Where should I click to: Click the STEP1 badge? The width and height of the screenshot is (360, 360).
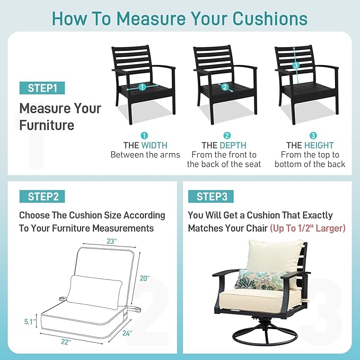pos(42,88)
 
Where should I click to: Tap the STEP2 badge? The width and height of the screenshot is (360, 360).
pos(42,197)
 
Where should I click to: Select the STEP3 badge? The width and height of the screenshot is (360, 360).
pos(211,197)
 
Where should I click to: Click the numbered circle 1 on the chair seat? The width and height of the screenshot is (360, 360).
pos(142,87)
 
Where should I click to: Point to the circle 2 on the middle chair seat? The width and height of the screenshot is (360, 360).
pos(225,87)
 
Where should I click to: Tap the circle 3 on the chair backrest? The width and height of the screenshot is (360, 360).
pos(296,65)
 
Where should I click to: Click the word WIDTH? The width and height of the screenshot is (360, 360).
pos(154,145)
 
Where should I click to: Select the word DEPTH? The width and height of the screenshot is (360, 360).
pos(233,145)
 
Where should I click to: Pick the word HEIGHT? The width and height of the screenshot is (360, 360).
pos(319,145)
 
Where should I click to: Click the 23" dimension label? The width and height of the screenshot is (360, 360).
pos(112,241)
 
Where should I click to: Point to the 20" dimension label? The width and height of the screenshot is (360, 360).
pos(145,278)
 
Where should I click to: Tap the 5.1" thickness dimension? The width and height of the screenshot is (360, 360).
pos(30,322)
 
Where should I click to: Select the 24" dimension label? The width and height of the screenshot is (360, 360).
pos(127,333)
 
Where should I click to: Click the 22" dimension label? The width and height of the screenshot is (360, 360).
pos(66,342)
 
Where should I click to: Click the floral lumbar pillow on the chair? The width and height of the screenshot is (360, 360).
pos(261,279)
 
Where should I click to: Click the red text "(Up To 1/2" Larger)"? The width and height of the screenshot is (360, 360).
pos(308,228)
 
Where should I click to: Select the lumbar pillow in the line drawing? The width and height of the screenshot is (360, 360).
pos(94,292)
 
